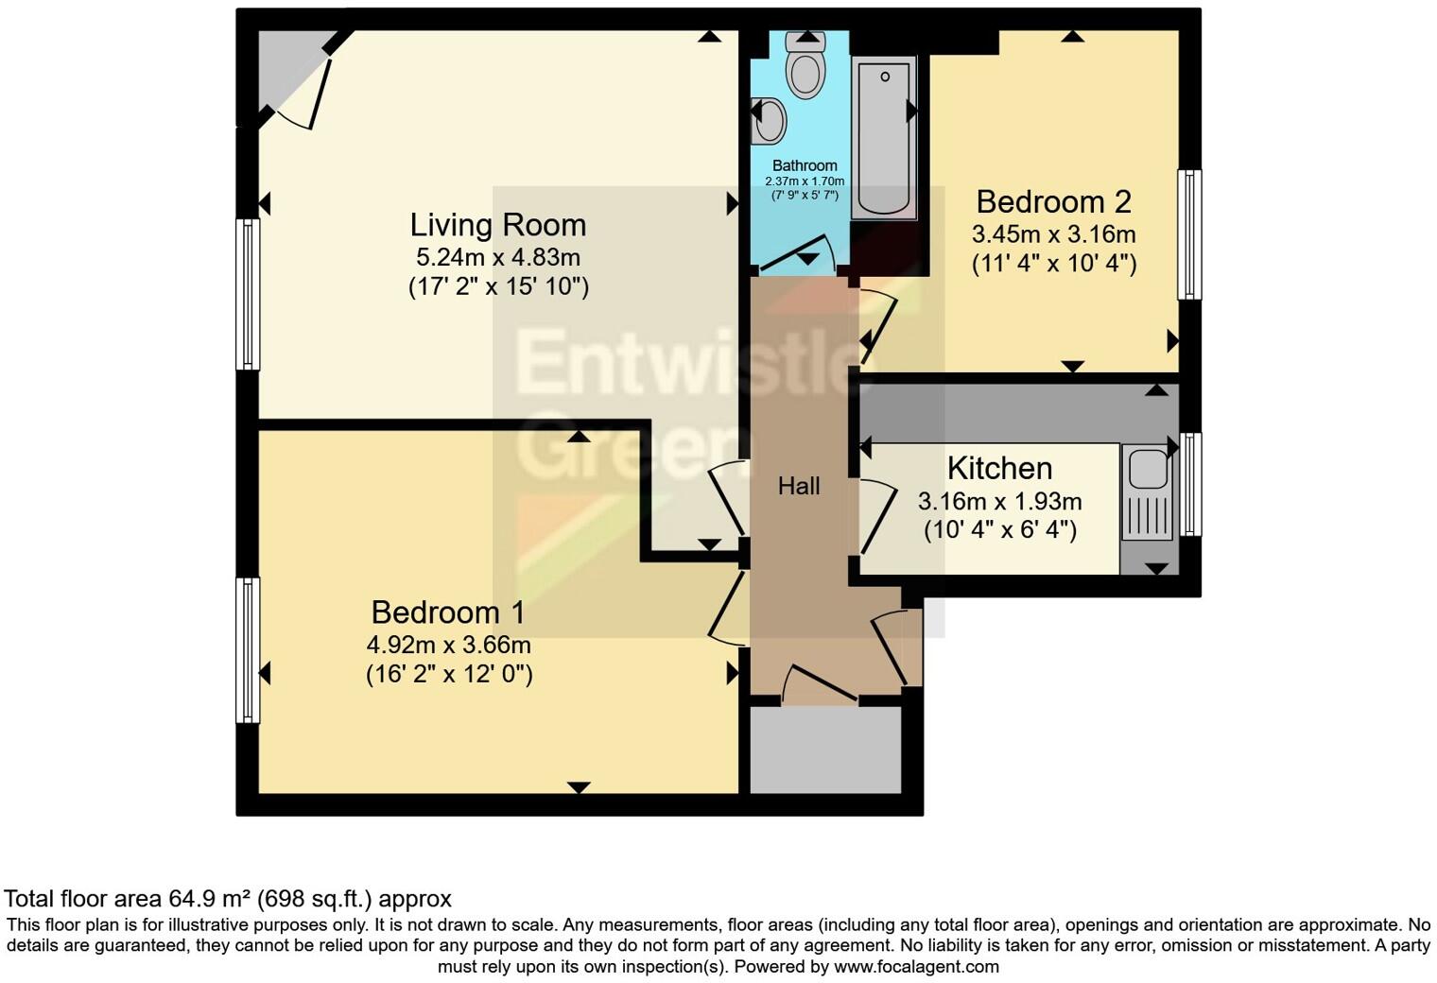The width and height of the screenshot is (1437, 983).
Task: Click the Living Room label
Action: pos(498,225)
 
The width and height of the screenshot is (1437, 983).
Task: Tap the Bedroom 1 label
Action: pos(448,612)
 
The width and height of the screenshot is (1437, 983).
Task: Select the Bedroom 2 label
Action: pos(1053,202)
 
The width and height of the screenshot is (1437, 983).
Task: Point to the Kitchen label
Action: pos(999,469)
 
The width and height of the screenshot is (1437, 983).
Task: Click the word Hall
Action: pos(799,486)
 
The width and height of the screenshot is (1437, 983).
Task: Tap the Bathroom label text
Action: pos(805,165)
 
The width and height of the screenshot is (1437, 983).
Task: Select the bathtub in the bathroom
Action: pos(884,138)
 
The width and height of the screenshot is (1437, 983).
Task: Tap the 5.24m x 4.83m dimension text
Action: pos(498,257)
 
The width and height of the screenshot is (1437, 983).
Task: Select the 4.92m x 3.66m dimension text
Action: pos(448,644)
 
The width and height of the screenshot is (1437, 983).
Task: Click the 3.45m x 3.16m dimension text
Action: pos(1053,234)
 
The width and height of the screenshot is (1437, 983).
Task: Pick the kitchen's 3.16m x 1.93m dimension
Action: pos(999,501)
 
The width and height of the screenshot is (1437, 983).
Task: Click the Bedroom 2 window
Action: pos(1188,234)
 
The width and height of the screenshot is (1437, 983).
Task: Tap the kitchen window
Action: pos(1190,484)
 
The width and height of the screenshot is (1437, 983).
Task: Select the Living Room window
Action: pos(249,294)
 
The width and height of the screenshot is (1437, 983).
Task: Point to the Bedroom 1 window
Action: pos(249,650)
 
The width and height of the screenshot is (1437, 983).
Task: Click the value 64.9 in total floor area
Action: pos(190,899)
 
